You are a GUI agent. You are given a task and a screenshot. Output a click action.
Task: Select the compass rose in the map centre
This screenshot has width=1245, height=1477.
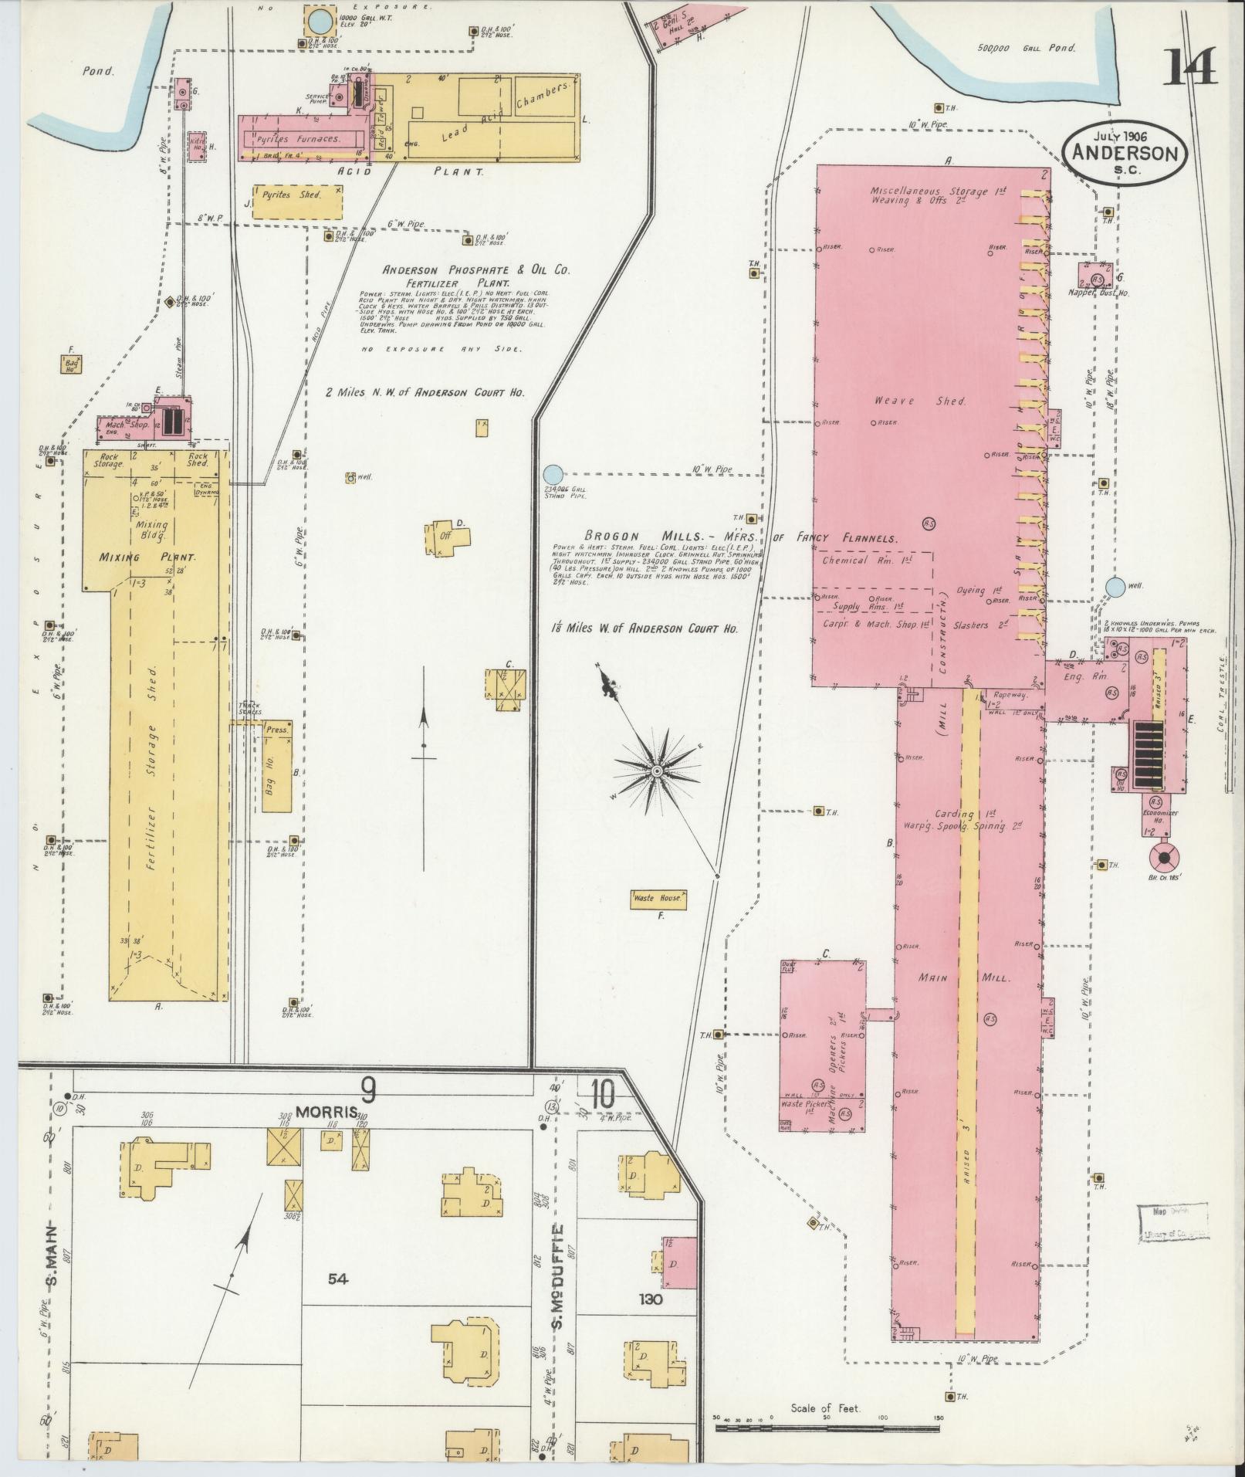(x=656, y=771)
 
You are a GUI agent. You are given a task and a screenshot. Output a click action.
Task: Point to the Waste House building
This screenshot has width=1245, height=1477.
(x=658, y=899)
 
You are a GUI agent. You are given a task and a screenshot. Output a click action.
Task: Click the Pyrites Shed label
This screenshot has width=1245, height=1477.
(x=297, y=195)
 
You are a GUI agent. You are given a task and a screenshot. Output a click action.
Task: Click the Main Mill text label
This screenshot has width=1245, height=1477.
(x=963, y=977)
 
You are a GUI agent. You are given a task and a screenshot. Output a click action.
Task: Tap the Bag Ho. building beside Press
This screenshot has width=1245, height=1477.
(x=276, y=776)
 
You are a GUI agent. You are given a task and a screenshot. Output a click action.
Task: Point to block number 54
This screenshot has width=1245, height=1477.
(x=337, y=1279)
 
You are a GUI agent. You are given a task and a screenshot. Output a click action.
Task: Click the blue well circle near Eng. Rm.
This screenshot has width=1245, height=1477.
(x=1114, y=588)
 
